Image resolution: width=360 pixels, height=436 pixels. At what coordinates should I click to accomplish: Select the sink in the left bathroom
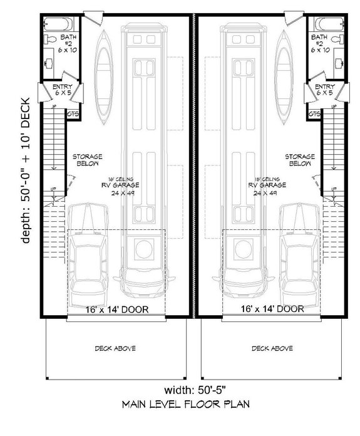click(49, 63)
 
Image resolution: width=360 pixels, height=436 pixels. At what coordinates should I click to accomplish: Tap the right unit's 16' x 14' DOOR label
click(272, 309)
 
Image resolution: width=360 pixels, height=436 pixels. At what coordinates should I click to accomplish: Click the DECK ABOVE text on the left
click(115, 348)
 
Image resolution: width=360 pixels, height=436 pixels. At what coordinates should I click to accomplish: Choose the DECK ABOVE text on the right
click(272, 348)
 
